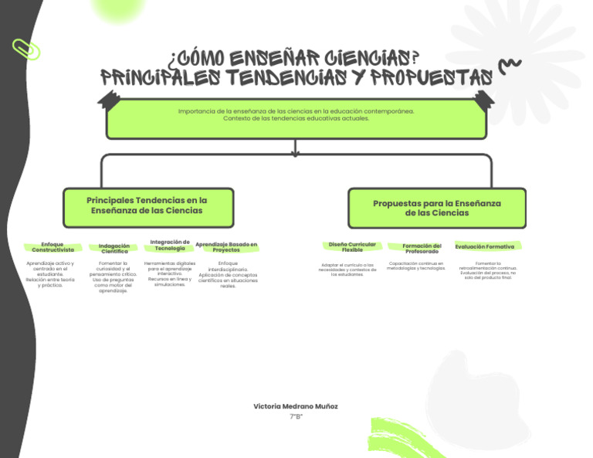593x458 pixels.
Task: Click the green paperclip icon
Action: (x=26, y=49)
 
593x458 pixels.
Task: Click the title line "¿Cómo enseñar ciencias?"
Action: (x=293, y=59)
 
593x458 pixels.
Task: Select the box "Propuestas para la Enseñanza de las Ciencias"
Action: (x=437, y=208)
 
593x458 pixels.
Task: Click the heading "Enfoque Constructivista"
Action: (x=53, y=247)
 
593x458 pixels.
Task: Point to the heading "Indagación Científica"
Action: (x=114, y=248)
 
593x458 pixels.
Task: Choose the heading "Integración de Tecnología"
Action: (x=170, y=245)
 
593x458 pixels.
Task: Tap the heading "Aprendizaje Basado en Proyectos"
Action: (x=226, y=246)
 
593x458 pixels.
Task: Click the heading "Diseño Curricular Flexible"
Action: (x=352, y=247)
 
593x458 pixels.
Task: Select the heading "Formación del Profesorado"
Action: (x=422, y=248)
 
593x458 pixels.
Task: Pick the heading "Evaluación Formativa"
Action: (x=485, y=246)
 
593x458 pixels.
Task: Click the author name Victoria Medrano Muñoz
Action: (x=296, y=406)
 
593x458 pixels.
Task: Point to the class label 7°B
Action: (x=296, y=417)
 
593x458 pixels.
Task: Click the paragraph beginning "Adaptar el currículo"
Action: (x=347, y=269)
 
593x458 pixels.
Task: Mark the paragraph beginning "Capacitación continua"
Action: (x=416, y=266)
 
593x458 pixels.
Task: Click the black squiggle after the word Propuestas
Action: (x=510, y=67)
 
